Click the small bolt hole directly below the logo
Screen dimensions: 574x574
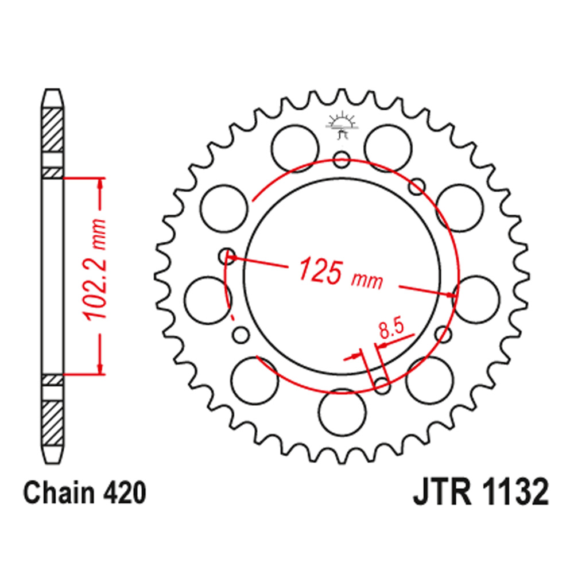click(342, 159)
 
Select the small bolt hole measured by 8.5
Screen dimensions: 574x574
click(382, 385)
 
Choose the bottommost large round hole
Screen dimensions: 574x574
click(342, 414)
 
